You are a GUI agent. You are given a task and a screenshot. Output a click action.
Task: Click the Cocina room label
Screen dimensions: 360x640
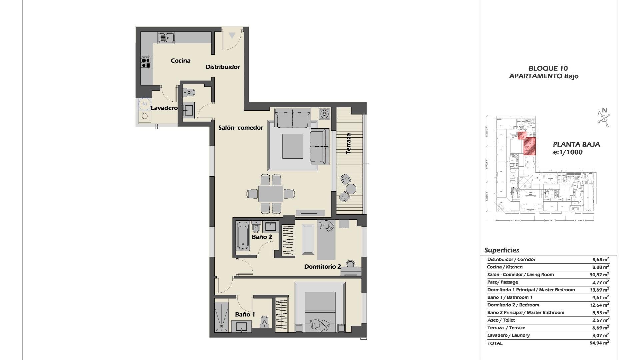pyautogui.click(x=181, y=61)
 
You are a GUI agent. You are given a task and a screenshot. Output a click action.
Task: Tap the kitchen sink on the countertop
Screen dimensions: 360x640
pyautogui.click(x=166, y=38)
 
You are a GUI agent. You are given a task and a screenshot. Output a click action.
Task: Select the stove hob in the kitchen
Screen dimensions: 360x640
pyautogui.click(x=146, y=62)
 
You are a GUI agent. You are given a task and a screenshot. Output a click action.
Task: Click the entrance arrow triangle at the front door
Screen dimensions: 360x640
pyautogui.click(x=232, y=35)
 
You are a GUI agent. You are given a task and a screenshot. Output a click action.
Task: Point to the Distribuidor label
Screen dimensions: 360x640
pyautogui.click(x=222, y=67)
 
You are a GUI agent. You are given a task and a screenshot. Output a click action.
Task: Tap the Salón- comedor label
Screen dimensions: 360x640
pyautogui.click(x=241, y=128)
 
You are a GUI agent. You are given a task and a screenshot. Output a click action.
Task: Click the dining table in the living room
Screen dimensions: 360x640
pyautogui.click(x=270, y=194)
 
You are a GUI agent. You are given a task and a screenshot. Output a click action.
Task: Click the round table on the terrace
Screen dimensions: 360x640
pyautogui.click(x=351, y=189)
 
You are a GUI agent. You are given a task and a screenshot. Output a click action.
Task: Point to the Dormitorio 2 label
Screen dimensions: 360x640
pyautogui.click(x=322, y=267)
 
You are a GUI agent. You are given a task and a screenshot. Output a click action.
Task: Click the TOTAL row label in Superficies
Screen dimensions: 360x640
pyautogui.click(x=495, y=343)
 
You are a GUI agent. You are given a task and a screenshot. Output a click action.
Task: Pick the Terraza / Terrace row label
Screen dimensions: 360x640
pyautogui.click(x=506, y=328)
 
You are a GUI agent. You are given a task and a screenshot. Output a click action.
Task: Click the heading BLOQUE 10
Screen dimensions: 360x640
pyautogui.click(x=548, y=69)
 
